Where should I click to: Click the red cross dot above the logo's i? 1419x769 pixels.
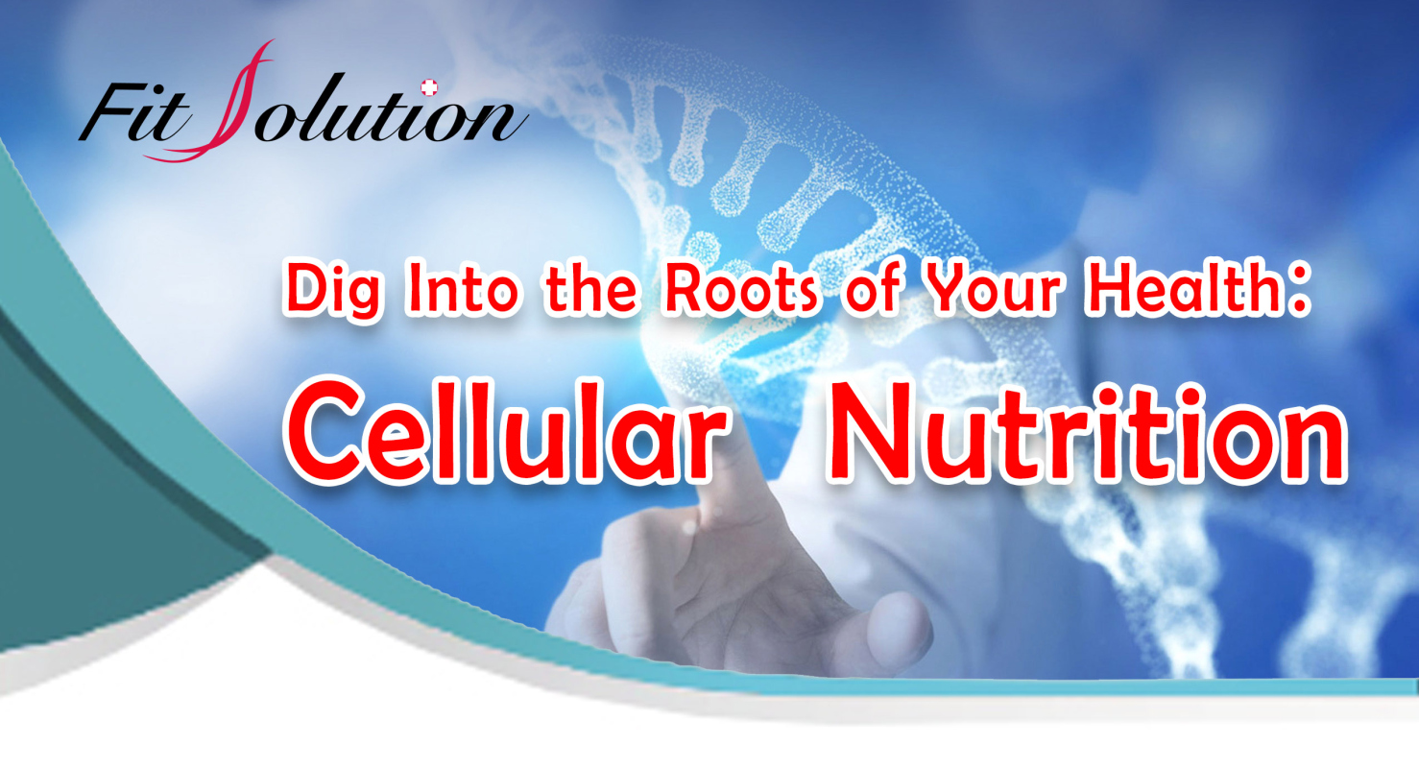[x=429, y=87]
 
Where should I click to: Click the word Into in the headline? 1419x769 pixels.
[x=463, y=288]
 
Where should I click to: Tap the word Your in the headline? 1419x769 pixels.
[x=992, y=288]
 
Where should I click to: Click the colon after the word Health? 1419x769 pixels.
[x=1299, y=292]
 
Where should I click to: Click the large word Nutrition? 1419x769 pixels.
[x=1086, y=432]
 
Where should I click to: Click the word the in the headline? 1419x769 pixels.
[x=590, y=288]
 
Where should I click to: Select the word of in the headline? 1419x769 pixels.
[x=871, y=287]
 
